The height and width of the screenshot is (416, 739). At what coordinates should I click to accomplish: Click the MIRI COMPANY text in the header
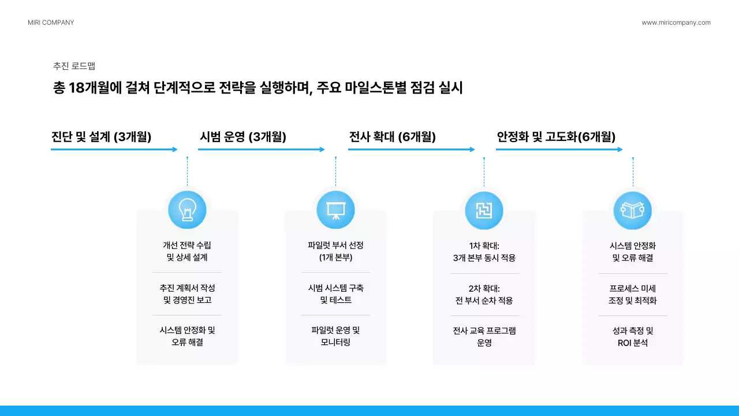click(51, 23)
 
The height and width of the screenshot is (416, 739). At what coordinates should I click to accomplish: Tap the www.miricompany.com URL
click(676, 23)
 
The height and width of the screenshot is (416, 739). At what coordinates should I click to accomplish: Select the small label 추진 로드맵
click(74, 66)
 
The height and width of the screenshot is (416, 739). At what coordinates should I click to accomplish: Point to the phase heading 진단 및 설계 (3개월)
click(101, 137)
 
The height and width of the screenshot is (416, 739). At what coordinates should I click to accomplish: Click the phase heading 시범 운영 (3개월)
click(243, 137)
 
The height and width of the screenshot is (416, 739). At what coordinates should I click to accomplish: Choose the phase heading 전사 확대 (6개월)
click(393, 137)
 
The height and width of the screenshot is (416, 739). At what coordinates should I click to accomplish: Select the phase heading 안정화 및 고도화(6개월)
click(556, 137)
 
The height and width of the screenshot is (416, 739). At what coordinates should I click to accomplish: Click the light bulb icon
click(187, 209)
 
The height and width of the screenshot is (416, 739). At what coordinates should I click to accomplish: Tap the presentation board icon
click(335, 209)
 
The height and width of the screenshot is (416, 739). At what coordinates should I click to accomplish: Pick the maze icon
click(484, 210)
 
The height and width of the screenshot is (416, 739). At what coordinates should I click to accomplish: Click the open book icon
click(632, 210)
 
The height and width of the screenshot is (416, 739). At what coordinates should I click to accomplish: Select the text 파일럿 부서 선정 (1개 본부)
click(335, 251)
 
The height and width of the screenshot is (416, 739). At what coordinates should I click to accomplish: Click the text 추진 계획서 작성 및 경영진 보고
click(187, 294)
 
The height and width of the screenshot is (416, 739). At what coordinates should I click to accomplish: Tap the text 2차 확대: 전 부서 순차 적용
click(484, 294)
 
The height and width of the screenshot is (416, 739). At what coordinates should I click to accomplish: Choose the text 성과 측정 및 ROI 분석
click(632, 337)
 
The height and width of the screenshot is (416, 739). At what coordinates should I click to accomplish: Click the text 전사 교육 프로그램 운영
click(484, 337)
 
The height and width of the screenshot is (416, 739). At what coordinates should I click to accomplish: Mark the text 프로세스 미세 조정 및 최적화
click(632, 294)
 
